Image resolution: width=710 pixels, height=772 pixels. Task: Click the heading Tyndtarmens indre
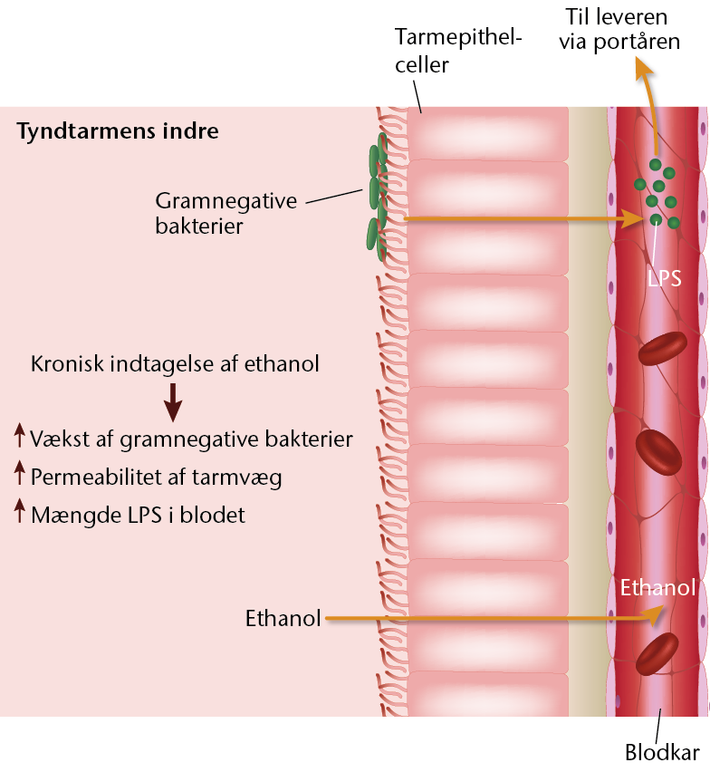click(x=118, y=131)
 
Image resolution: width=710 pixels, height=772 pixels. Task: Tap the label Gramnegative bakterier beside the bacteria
click(x=225, y=213)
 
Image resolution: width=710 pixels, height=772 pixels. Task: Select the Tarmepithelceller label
click(x=457, y=52)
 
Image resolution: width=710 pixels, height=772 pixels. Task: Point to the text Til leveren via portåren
click(x=619, y=30)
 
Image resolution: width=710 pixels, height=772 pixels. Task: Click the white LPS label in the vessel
click(x=664, y=279)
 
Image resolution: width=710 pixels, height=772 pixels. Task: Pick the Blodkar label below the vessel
click(x=662, y=752)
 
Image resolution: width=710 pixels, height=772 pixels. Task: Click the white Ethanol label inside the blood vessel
click(x=657, y=587)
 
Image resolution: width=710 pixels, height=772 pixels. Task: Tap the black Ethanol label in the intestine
click(x=283, y=618)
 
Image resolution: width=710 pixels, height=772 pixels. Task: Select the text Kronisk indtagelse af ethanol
click(x=175, y=364)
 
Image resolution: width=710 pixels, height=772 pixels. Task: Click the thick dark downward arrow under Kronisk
click(x=173, y=402)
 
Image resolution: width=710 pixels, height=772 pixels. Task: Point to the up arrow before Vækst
click(x=19, y=435)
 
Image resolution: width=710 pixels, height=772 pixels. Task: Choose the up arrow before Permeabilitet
click(x=19, y=473)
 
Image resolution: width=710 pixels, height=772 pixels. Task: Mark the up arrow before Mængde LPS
click(x=19, y=510)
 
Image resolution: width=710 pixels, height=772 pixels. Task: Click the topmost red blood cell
click(x=662, y=348)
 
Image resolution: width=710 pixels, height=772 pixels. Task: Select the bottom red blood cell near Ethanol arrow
click(x=657, y=654)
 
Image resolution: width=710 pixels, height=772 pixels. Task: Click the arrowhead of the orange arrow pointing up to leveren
click(x=645, y=70)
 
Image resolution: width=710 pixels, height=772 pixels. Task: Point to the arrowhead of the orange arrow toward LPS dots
click(x=634, y=218)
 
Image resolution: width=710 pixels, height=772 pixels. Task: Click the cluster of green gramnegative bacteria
click(x=378, y=197)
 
